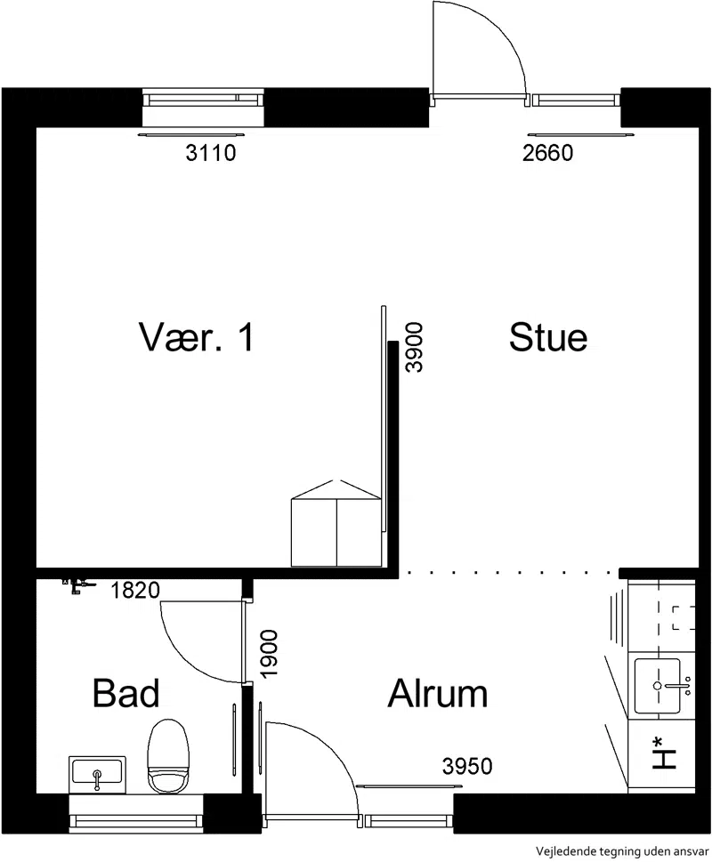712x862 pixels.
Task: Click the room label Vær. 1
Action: (x=197, y=336)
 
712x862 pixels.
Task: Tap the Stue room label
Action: (x=548, y=336)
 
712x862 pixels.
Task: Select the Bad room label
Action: (x=125, y=693)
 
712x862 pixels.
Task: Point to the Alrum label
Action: (x=438, y=693)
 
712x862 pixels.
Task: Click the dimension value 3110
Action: (x=211, y=153)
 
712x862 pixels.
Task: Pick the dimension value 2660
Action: (x=547, y=153)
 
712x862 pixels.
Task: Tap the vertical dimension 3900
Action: (x=414, y=348)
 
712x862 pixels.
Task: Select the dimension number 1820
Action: (x=135, y=591)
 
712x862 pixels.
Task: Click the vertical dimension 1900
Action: (x=269, y=654)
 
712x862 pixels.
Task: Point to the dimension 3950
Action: (x=467, y=766)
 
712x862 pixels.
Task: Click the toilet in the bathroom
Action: (x=168, y=757)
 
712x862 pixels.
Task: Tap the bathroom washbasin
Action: (x=97, y=775)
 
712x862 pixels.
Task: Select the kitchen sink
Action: (x=658, y=686)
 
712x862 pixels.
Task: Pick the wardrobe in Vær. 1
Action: (x=336, y=523)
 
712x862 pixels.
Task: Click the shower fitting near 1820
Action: (x=78, y=585)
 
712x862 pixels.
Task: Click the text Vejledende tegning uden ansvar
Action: (x=623, y=851)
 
